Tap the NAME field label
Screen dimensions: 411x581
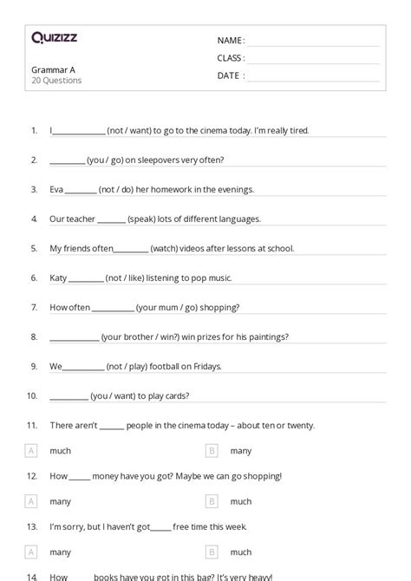click(x=230, y=40)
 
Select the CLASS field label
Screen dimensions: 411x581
click(x=231, y=58)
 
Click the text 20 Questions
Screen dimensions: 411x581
click(x=56, y=81)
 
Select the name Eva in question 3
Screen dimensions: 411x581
click(x=56, y=190)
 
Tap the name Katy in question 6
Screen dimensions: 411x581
click(x=58, y=278)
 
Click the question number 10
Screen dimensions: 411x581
click(x=32, y=396)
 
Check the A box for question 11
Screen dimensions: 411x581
click(x=32, y=451)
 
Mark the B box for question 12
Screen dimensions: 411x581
click(x=212, y=501)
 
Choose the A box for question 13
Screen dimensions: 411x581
click(x=32, y=552)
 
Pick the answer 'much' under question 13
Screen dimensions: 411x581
click(x=240, y=552)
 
